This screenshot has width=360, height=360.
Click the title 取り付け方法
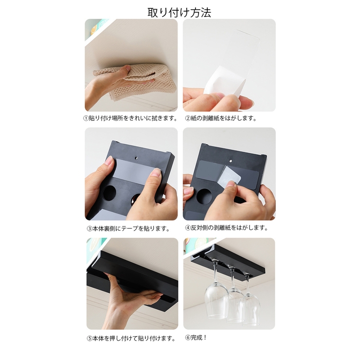pos(180,12)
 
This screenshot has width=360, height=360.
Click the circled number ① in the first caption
pos(86,119)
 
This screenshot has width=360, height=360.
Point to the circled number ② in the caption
pos(188,119)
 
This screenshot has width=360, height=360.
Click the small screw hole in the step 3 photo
pos(136,158)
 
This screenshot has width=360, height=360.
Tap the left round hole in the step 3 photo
pos(109,192)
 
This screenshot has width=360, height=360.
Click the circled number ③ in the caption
pos(90,229)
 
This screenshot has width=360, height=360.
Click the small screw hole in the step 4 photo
pos(231,161)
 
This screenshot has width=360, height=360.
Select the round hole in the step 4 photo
pos(204,197)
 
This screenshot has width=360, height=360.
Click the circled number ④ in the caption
pos(188,228)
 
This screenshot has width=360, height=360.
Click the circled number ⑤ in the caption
pos(90,339)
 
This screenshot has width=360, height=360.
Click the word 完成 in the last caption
pos(197,338)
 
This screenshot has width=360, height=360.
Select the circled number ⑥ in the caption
pos(188,338)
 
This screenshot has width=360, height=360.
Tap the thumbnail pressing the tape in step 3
pos(157,172)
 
